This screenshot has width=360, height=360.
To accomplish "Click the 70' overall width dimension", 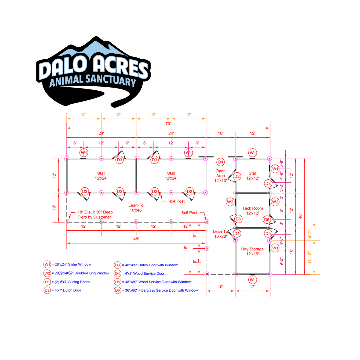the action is tap(168, 124).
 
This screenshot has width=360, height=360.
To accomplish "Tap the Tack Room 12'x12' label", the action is tap(253, 211).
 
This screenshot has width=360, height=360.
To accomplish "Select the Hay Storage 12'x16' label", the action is tap(252, 251).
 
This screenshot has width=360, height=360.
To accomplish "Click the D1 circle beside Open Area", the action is tap(220, 162).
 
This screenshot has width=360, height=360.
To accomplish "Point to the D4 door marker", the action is tap(237, 233).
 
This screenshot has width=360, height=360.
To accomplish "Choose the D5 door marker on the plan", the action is tap(268, 233).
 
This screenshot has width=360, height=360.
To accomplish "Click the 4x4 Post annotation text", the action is tap(177, 201).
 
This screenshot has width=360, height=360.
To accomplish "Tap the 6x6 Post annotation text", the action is tap(189, 213).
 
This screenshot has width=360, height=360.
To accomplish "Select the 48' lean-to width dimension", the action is tap(136, 239).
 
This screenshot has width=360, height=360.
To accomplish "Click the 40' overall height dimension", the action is tap(300, 216).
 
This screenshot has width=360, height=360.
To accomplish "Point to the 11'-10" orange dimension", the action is tap(310, 257).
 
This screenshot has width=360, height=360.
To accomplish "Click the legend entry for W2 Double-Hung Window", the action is tap(76, 273).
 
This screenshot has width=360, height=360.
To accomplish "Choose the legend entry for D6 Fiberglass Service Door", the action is tap(156, 290).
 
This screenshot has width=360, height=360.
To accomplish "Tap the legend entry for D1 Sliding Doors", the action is tap(67, 282).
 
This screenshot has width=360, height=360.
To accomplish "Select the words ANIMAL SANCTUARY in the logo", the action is tap(93, 81).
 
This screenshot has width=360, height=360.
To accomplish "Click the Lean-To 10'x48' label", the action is tap(136, 208).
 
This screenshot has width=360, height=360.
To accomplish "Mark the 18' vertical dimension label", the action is tap(186, 248).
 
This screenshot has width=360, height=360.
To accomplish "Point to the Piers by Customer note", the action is tap(94, 217).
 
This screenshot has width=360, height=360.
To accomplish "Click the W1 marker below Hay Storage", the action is tap(253, 280).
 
